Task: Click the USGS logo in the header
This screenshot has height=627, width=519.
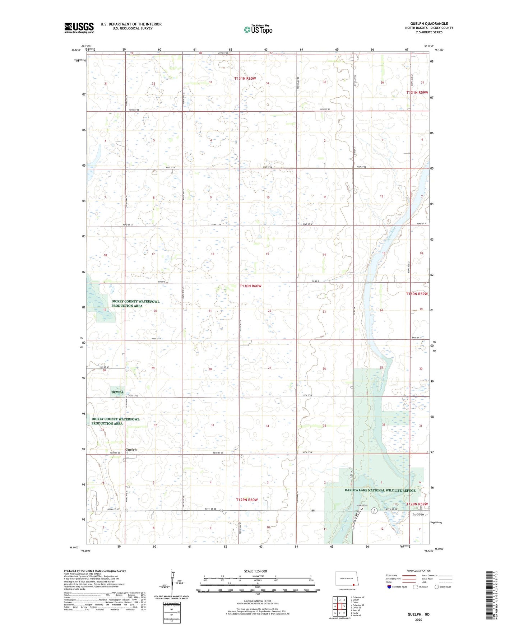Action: (x=79, y=28)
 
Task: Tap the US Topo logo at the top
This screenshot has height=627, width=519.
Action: (x=258, y=29)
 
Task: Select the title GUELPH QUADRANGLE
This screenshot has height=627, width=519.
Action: (x=429, y=24)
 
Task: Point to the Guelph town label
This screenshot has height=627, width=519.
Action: (x=131, y=450)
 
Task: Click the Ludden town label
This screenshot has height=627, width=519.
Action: (x=418, y=514)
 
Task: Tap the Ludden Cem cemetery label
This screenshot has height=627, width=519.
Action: (x=361, y=505)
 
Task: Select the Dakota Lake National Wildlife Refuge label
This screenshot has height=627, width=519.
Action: (x=380, y=490)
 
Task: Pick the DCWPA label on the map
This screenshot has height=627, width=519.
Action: (x=117, y=393)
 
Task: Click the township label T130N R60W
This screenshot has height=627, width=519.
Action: (x=250, y=286)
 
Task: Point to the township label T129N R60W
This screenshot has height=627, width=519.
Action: (x=247, y=500)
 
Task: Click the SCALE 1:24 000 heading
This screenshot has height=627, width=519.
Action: (x=255, y=571)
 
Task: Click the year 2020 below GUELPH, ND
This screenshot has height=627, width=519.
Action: (x=418, y=620)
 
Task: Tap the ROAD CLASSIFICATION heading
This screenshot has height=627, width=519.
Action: (x=418, y=571)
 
